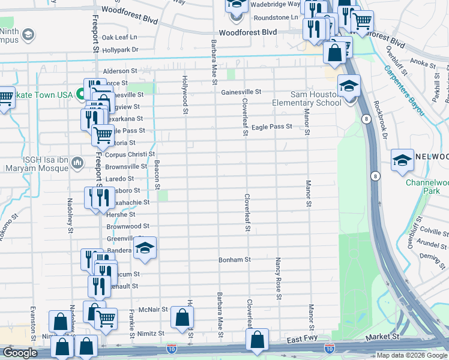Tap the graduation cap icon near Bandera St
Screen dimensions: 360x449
pos(144,248)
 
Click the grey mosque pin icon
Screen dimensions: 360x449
pos(77,163)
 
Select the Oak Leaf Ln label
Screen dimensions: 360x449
pos(119,37)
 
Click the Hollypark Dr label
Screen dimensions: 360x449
pos(120,50)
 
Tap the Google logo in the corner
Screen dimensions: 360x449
pos(20,353)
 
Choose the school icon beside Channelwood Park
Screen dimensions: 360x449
pos(402,161)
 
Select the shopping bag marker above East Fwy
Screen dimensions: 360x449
pos(257,340)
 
